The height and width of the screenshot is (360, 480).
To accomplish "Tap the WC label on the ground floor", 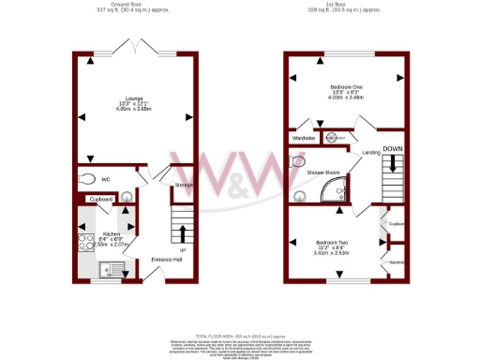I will point(106,178).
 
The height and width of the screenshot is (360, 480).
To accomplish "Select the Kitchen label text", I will point(111,233).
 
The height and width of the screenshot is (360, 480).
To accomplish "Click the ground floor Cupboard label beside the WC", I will point(101,200).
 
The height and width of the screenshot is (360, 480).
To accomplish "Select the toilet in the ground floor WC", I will point(88,178).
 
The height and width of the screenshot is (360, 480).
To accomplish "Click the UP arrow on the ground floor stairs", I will point(182,234).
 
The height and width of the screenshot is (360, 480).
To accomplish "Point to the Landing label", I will point(370,152).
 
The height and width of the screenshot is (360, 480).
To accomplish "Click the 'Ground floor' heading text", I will point(131,5).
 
